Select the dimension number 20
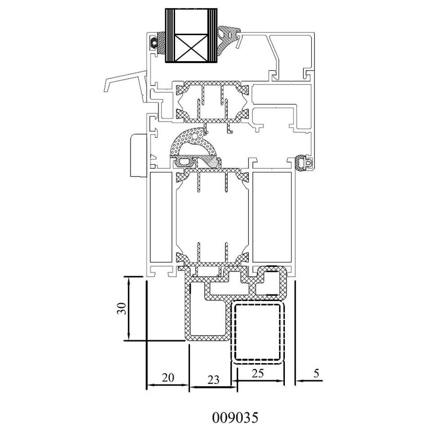coord(168,378)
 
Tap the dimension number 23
coord(213,380)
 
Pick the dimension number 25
coord(258,373)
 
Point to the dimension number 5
coord(316,373)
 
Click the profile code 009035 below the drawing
coord(235,418)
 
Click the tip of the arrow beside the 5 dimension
coord(297,381)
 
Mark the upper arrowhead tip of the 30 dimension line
coord(129,277)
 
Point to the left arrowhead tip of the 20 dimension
coord(147,385)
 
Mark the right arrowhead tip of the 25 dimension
coord(283,381)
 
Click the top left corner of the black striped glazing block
coord(165,9)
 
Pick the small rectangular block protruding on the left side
coord(138,155)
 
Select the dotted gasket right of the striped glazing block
coord(228,38)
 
